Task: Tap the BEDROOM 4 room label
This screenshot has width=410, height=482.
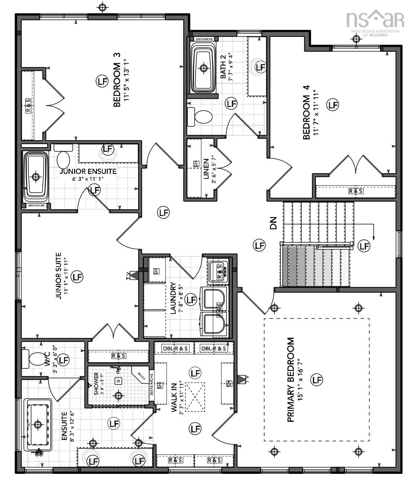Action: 306,112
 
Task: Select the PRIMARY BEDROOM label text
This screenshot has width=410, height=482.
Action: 291,380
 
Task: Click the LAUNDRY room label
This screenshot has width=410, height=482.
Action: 173,298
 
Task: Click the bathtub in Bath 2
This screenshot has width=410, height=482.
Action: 203,68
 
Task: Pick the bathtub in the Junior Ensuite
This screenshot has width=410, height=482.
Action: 36,176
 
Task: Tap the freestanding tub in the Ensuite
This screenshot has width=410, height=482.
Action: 38,424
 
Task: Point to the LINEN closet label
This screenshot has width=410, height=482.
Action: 206,169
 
